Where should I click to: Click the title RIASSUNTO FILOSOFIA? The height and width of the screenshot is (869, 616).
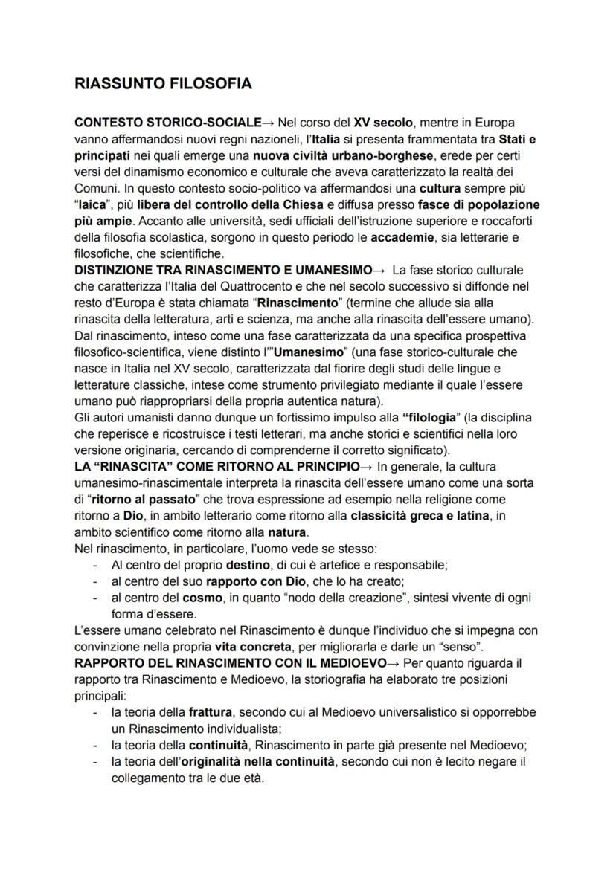(x=164, y=84)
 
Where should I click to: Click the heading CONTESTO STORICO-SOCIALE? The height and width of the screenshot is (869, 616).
(x=168, y=121)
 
